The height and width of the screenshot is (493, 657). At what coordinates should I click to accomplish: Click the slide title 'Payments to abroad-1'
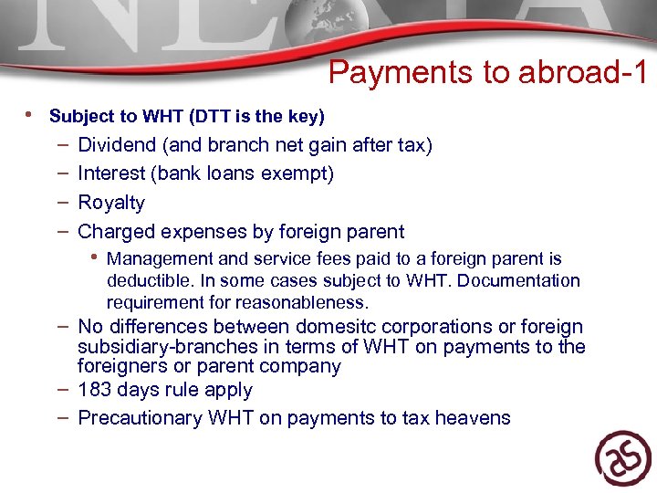point(487,73)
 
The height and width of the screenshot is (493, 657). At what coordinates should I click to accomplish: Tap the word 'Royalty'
point(111,203)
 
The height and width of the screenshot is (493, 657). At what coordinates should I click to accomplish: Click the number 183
point(94,390)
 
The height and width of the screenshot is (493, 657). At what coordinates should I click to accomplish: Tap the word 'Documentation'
point(518,280)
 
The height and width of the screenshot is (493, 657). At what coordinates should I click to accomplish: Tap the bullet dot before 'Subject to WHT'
point(31,115)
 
